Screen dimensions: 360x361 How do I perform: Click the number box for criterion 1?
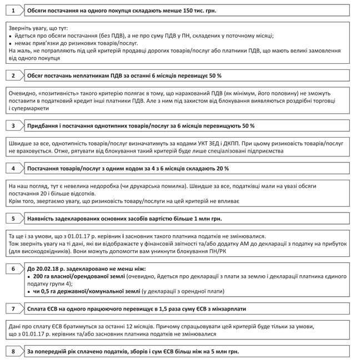pos(13,10)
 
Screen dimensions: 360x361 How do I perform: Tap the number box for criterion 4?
pos(13,168)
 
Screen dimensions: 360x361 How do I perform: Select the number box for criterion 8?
pos(13,351)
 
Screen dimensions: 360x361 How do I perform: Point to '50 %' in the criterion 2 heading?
pos(214,75)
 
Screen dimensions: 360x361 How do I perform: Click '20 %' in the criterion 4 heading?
pos(222,168)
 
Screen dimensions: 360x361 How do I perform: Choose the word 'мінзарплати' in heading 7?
pos(227,308)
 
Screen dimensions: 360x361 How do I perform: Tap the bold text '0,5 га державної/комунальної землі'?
pos(86,290)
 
